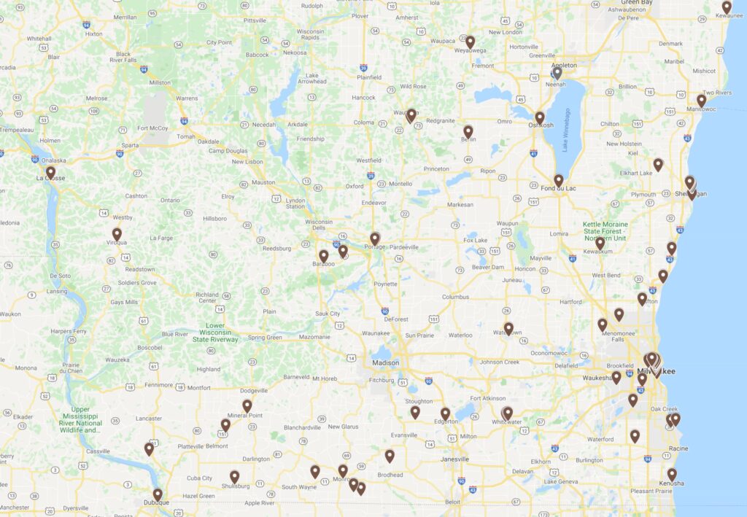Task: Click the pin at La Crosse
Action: pyautogui.click(x=50, y=172)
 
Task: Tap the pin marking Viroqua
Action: pyautogui.click(x=117, y=234)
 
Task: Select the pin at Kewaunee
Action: pyautogui.click(x=727, y=7)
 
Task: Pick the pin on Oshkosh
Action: pyautogui.click(x=540, y=117)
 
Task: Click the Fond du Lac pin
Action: pyautogui.click(x=558, y=180)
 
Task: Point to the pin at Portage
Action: pyautogui.click(x=375, y=238)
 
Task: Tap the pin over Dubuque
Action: pyautogui.click(x=158, y=494)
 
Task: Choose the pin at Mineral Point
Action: pyautogui.click(x=247, y=405)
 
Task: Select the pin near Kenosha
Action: pyautogui.click(x=672, y=474)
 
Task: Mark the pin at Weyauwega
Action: pyautogui.click(x=471, y=42)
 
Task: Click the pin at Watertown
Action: pyautogui.click(x=508, y=328)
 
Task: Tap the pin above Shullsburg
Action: pyautogui.click(x=235, y=476)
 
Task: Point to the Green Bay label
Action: pyautogui.click(x=636, y=3)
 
